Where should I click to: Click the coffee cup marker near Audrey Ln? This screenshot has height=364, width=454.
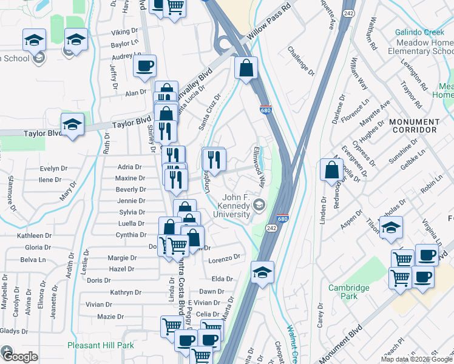(144, 67)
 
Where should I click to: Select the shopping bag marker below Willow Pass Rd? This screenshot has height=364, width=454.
(246, 69)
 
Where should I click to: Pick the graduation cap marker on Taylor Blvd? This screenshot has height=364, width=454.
(72, 125)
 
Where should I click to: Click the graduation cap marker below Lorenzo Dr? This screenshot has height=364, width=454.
(262, 273)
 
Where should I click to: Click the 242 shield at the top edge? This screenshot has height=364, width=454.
(348, 12)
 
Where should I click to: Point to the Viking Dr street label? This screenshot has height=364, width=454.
(124, 32)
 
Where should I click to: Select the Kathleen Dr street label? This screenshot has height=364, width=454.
(34, 235)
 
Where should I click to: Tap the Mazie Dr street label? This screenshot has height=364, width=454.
(110, 317)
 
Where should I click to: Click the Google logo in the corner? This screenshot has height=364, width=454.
(20, 356)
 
